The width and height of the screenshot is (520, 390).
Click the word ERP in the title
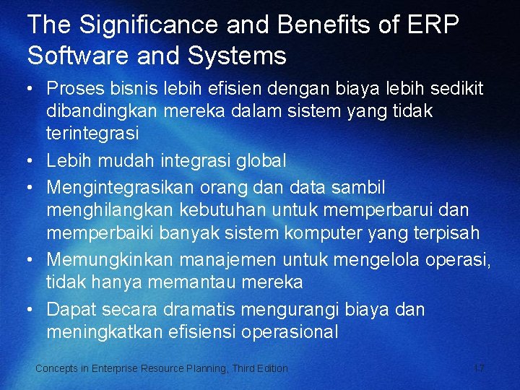[431, 25]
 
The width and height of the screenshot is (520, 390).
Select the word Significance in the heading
[149, 25]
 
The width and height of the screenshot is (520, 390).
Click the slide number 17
[478, 368]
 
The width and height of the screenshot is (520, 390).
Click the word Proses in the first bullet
[70, 89]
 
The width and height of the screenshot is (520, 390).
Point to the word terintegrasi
[92, 135]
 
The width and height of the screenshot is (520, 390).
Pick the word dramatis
[201, 310]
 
